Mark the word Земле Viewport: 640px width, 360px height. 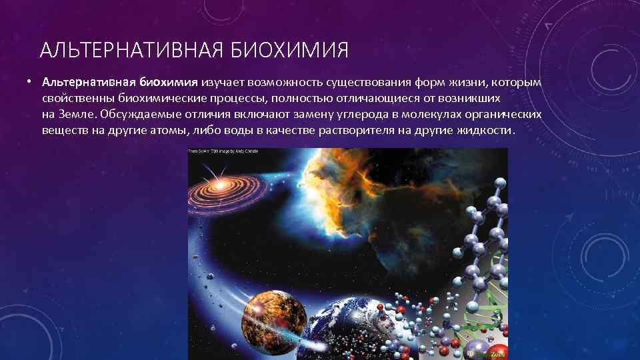coord(76,115)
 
